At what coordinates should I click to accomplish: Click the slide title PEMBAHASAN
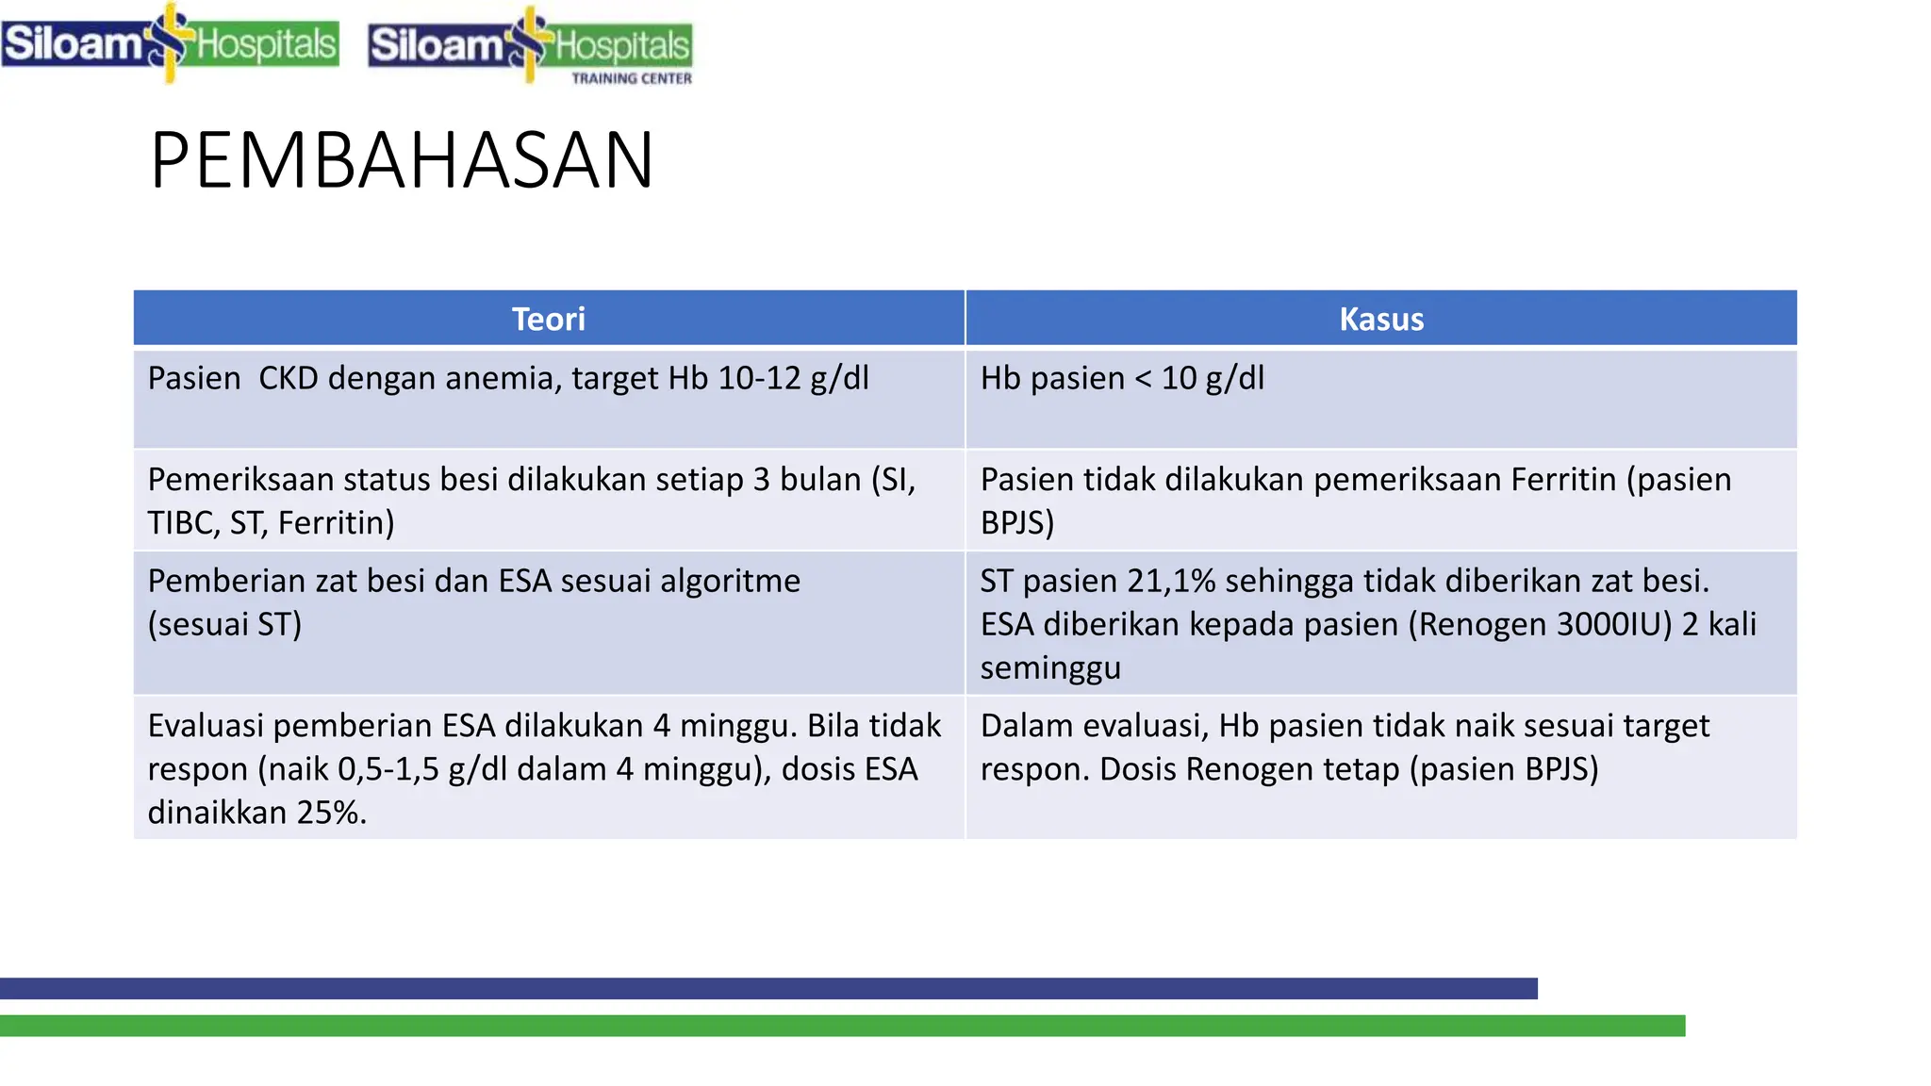[402, 160]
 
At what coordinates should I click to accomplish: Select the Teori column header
[548, 319]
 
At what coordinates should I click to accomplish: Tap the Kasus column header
[1381, 319]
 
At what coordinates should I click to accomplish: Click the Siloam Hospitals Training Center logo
[530, 45]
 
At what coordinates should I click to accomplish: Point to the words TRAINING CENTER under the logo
[632, 78]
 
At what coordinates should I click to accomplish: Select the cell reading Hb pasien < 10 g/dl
[1122, 378]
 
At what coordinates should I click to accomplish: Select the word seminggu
[1050, 667]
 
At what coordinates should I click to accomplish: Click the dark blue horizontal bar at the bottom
[768, 988]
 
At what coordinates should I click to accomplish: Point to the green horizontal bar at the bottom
[842, 1026]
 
